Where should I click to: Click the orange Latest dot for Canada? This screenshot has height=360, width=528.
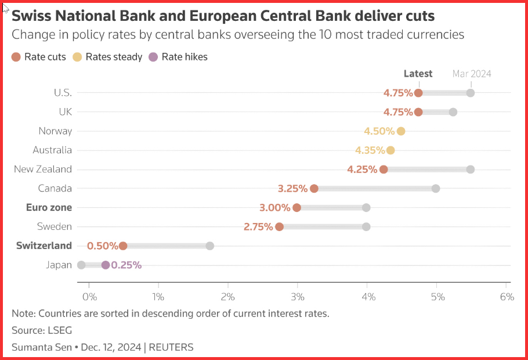click(314, 188)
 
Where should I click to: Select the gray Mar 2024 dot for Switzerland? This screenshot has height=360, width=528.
click(209, 246)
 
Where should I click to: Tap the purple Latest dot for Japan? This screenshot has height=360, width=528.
click(105, 265)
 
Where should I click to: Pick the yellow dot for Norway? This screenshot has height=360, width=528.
click(401, 131)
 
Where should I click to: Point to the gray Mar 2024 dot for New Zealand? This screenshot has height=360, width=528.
click(471, 169)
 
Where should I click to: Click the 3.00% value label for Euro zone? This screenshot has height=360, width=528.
click(275, 208)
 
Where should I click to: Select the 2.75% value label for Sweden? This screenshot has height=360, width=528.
click(258, 227)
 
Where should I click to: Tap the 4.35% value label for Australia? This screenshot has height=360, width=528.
click(370, 150)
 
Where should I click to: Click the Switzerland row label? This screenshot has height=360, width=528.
click(44, 246)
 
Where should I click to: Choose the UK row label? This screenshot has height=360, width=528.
click(65, 112)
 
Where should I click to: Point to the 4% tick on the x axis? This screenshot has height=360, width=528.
click(367, 297)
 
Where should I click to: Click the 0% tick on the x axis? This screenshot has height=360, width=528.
click(89, 297)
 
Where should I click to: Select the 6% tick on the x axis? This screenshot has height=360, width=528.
click(507, 297)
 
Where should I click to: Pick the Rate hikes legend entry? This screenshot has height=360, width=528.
click(179, 57)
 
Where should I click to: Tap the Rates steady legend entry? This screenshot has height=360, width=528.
click(107, 57)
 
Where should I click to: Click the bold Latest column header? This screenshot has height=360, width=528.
click(418, 74)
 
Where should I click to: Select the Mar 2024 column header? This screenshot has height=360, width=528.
click(472, 74)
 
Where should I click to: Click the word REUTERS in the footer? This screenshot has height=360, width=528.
click(171, 347)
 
